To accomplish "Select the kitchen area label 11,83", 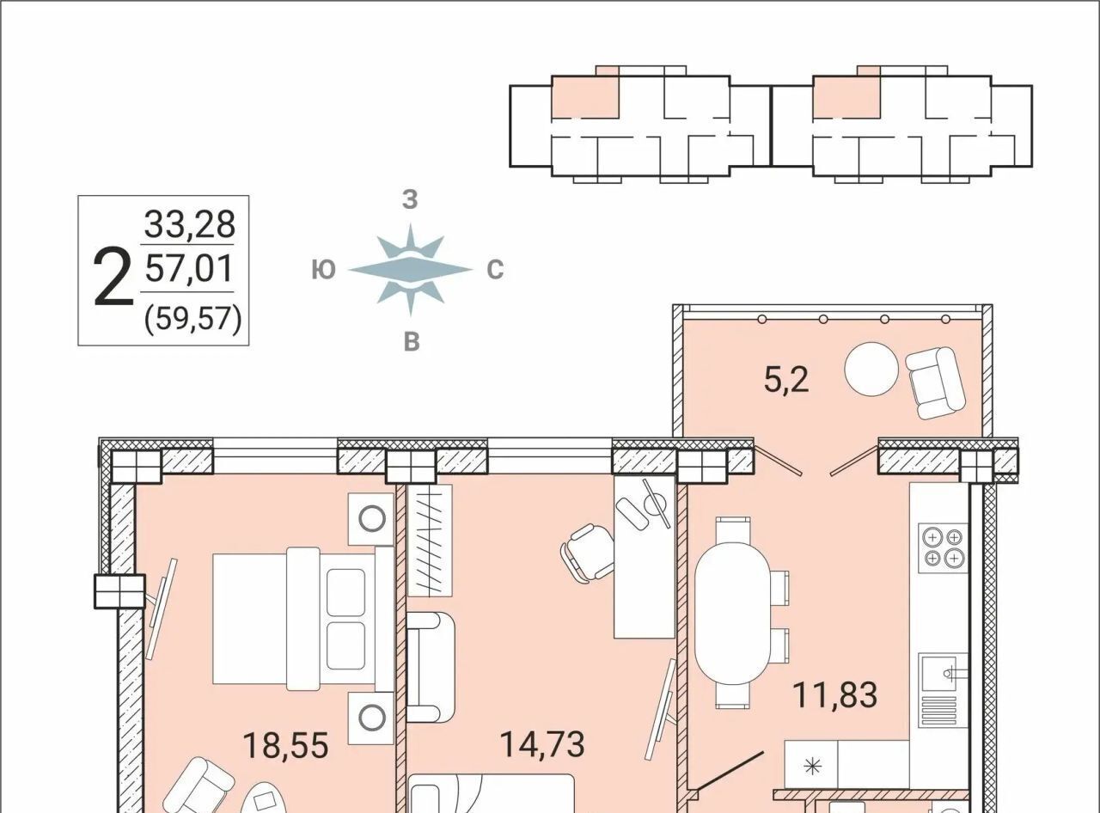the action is [835, 695].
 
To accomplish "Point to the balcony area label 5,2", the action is [786, 381].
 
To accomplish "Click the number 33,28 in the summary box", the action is [189, 223].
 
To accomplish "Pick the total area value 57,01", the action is [189, 269].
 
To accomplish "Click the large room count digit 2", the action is [113, 278].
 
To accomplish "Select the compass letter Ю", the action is [323, 271].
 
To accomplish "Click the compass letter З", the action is [410, 200].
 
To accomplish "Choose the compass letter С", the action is [495, 271].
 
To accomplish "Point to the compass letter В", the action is [412, 342].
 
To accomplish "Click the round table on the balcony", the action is [871, 369].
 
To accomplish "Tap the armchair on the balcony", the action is [935, 382].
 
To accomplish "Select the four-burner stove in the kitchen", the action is [944, 547].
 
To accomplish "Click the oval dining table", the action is [733, 613].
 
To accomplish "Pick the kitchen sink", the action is [943, 690].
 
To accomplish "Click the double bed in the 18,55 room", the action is [303, 619].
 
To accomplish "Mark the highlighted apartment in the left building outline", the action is [585, 96].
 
